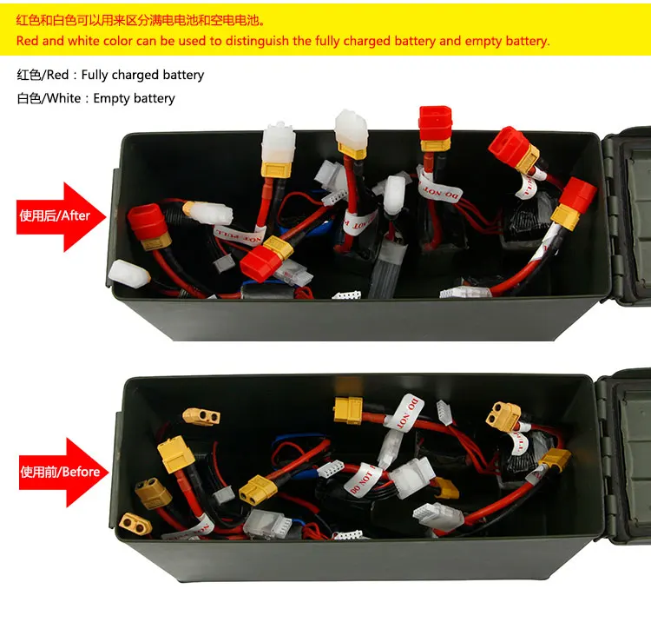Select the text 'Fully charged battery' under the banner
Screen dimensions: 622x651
[x=142, y=75]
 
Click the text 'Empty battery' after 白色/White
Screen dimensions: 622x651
[x=134, y=98]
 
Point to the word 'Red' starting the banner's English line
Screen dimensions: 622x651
[x=27, y=41]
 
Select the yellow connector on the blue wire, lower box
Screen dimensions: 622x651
[x=257, y=488]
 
